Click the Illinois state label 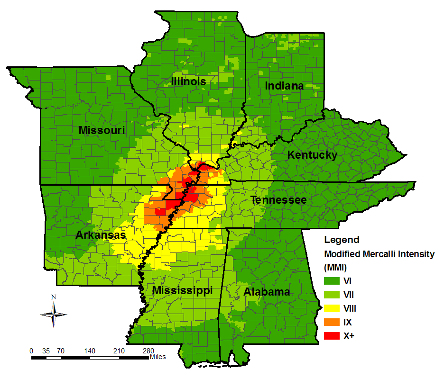(x=189, y=81)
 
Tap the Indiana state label (x=284, y=86)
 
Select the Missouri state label (x=102, y=130)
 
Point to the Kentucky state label (x=313, y=155)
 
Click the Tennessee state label (x=278, y=200)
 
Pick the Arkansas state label (x=100, y=235)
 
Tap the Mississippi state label (x=182, y=290)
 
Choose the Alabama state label (x=267, y=292)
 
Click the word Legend (x=342, y=240)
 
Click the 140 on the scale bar (x=90, y=351)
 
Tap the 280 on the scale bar (x=148, y=351)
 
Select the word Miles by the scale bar (x=157, y=356)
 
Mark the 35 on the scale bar (x=46, y=351)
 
